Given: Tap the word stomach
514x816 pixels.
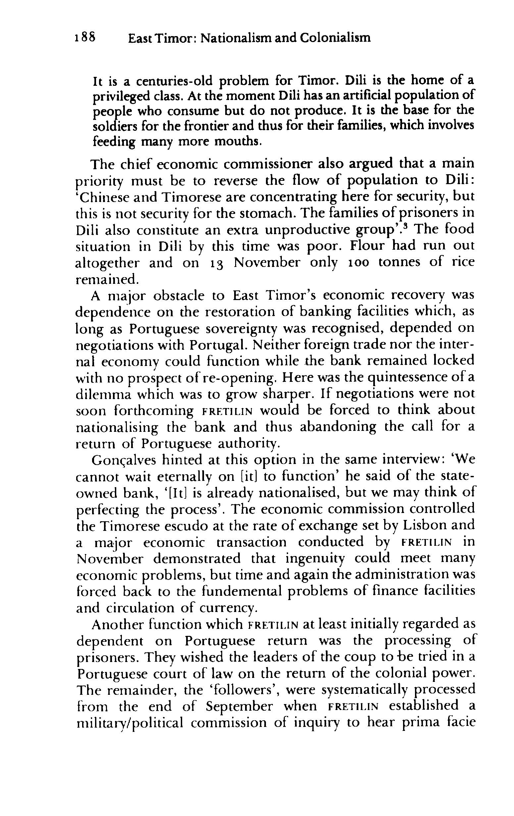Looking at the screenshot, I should [263, 214].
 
